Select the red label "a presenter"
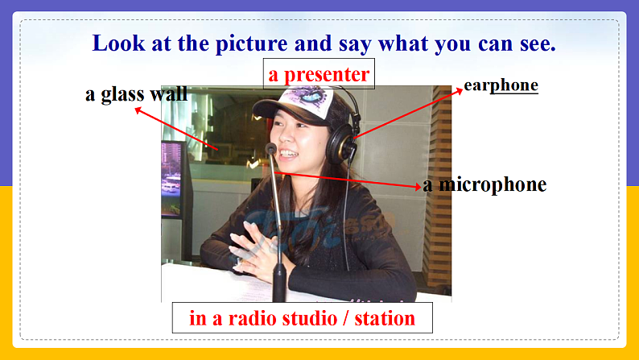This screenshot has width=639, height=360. [x=319, y=75]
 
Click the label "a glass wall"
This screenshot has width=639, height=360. [x=136, y=94]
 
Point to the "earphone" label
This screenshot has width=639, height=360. [x=501, y=85]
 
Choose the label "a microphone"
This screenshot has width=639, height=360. [x=484, y=184]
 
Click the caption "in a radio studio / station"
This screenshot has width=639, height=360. [x=302, y=318]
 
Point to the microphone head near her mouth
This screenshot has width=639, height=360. [x=271, y=149]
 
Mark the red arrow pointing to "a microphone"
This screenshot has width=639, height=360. [x=346, y=180]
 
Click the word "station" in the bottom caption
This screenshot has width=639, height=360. [x=385, y=318]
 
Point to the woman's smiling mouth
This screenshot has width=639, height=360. [x=287, y=154]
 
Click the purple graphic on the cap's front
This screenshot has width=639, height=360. [x=307, y=99]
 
